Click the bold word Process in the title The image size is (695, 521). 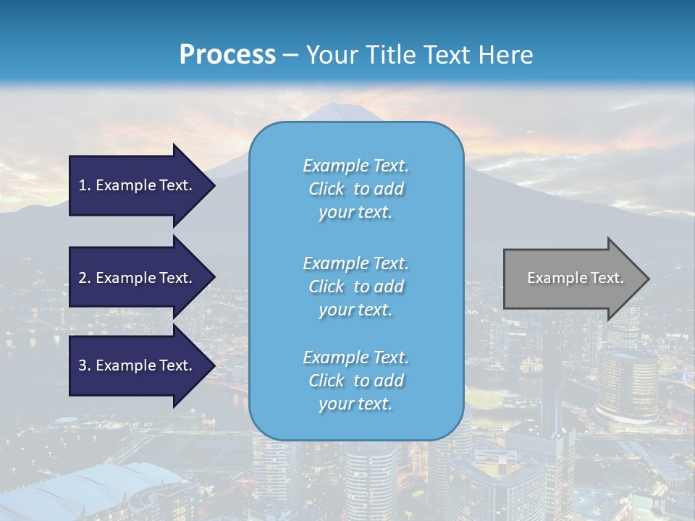coord(227,55)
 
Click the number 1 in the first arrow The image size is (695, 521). coord(83,185)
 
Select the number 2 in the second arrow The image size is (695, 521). coord(83,278)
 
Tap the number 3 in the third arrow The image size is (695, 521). coord(83,365)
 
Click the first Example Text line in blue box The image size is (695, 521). coord(355,166)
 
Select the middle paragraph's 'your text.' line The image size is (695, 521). coord(355,310)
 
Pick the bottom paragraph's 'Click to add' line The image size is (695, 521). coord(355,381)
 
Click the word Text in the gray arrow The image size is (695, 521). coord(607,278)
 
